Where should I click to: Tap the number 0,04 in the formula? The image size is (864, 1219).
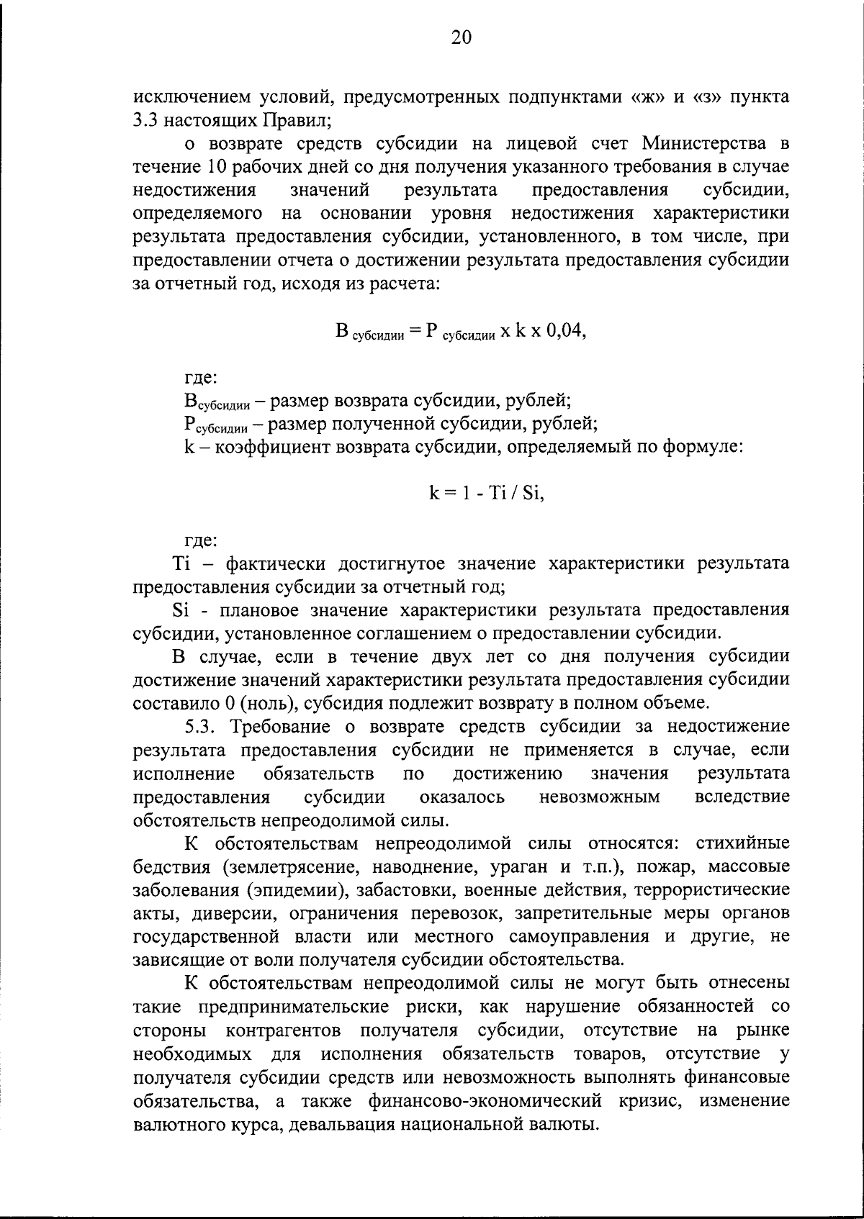coord(562,331)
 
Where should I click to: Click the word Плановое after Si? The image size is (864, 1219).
coord(260,610)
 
